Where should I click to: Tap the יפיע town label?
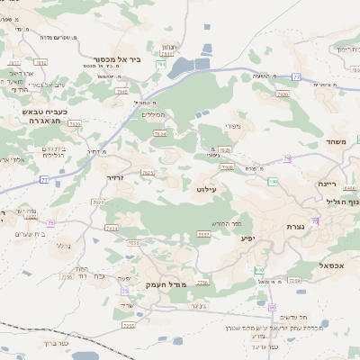248,238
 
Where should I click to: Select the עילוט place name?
207,191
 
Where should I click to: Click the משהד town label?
338,141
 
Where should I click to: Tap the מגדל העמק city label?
164,284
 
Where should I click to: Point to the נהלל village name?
63,245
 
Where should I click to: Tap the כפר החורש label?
227,222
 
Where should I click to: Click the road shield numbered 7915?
121,92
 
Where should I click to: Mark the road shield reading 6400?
349,188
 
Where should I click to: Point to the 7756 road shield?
202,283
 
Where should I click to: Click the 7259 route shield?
294,281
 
